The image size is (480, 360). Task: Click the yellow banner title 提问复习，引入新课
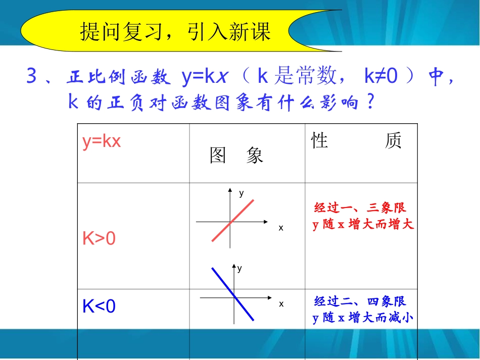pyautogui.click(x=175, y=31)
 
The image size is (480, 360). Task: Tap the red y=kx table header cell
pyautogui.click(x=102, y=141)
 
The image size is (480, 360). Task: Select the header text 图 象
pyautogui.click(x=236, y=156)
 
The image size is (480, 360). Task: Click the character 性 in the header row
pyautogui.click(x=320, y=141)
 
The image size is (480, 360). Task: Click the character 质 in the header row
pyautogui.click(x=393, y=141)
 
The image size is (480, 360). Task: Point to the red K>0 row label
pyautogui.click(x=99, y=238)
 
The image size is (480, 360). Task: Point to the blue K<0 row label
pyautogui.click(x=99, y=306)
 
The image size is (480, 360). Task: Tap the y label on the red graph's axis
pyautogui.click(x=242, y=193)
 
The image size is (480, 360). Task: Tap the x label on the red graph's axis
pyautogui.click(x=281, y=228)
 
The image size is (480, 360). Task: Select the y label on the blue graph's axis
pyautogui.click(x=240, y=269)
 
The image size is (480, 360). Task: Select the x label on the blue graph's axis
pyautogui.click(x=281, y=304)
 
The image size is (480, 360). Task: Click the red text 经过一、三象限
pyautogui.click(x=360, y=208)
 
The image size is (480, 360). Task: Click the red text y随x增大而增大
pyautogui.click(x=363, y=225)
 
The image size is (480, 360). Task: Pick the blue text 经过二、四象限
pyautogui.click(x=360, y=302)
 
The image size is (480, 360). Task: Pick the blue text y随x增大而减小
pyautogui.click(x=363, y=318)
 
